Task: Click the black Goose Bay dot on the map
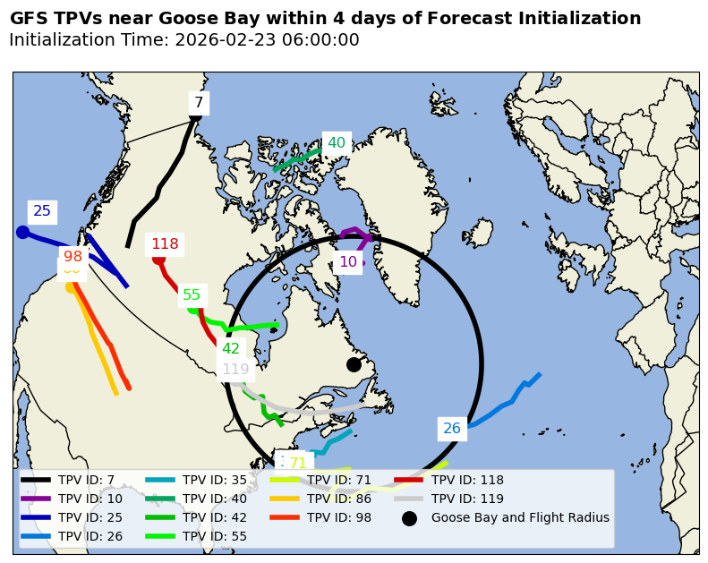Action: coord(354,364)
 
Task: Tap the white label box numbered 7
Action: coord(199,103)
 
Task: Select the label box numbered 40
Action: coord(337,143)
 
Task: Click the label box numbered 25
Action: coord(42,212)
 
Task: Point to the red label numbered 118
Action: coord(165,244)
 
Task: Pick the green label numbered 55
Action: coord(192,295)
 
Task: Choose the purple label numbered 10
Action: coord(348,262)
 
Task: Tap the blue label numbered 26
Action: coord(452,429)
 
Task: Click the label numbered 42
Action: coord(231,349)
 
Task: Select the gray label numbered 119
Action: coord(235,370)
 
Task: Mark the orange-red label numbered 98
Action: coord(73,257)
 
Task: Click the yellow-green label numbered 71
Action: coord(298,464)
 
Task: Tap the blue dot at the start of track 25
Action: coord(23,233)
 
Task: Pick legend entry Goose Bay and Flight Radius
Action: coord(519,517)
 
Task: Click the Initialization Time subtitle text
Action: coord(183,40)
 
